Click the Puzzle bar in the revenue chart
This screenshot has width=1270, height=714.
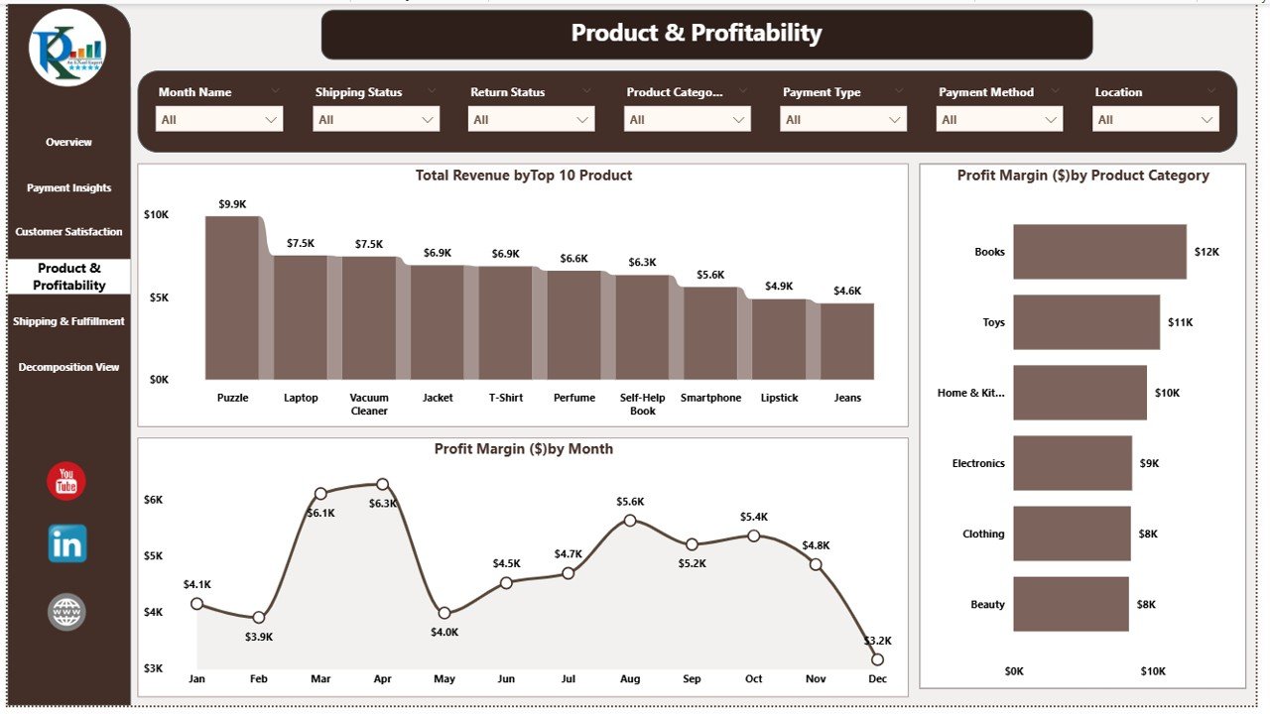[x=232, y=297]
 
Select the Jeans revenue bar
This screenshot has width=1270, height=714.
[x=847, y=341]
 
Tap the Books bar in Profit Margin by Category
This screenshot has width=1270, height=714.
[x=1099, y=252]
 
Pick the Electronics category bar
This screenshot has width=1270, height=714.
[x=1072, y=463]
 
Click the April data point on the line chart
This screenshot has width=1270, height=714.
[x=383, y=485]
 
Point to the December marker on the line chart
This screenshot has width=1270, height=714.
[x=877, y=659]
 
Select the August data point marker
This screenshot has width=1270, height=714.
[x=630, y=520]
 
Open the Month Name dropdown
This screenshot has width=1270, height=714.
[x=219, y=120]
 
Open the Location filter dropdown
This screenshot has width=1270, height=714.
[x=1156, y=120]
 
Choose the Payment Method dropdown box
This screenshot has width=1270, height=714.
[x=999, y=120]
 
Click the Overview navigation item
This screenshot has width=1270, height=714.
[x=68, y=143]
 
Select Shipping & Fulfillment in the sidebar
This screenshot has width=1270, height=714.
[x=68, y=321]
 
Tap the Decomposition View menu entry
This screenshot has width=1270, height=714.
[x=68, y=367]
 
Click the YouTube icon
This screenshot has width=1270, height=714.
[x=66, y=482]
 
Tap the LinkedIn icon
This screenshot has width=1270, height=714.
[x=67, y=543]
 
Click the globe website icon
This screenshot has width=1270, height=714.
[x=66, y=612]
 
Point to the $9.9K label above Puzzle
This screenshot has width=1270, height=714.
[x=232, y=204]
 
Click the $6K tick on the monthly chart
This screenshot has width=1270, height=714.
[x=153, y=500]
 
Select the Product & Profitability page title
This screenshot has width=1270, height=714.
[x=697, y=34]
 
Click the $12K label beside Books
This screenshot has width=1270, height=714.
[x=1206, y=252]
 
